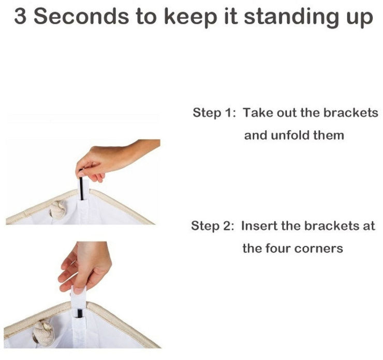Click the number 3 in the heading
coord(20,17)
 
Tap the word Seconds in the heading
coord(81,17)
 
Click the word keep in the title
coord(190,18)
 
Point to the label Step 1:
coord(214,113)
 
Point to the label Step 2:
coord(213,226)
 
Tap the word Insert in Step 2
coord(259,226)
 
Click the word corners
coord(318,249)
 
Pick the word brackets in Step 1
coord(351,113)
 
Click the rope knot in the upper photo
coord(58,210)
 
